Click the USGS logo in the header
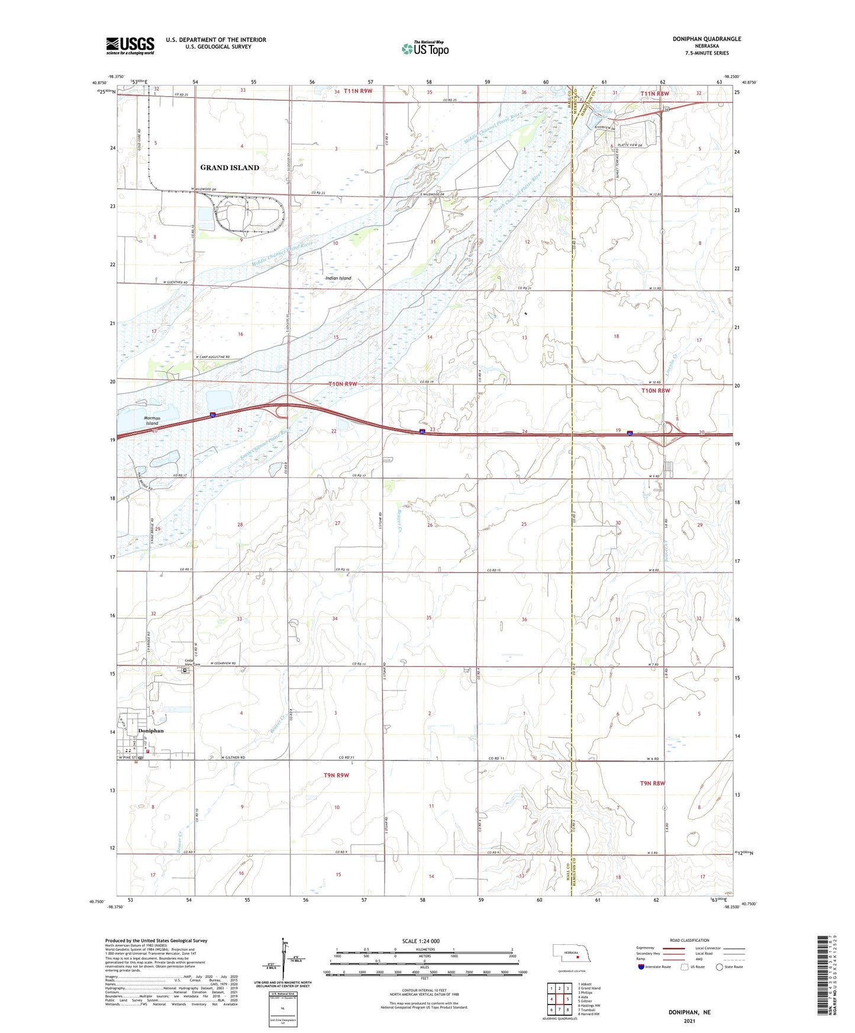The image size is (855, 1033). pyautogui.click(x=130, y=46)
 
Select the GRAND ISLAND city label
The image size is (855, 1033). pyautogui.click(x=230, y=167)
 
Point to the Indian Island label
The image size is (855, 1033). pyautogui.click(x=338, y=278)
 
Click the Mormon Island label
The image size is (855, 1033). pyautogui.click(x=152, y=421)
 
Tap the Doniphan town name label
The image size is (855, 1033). pyautogui.click(x=150, y=731)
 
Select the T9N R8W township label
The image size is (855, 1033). pyautogui.click(x=653, y=783)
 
